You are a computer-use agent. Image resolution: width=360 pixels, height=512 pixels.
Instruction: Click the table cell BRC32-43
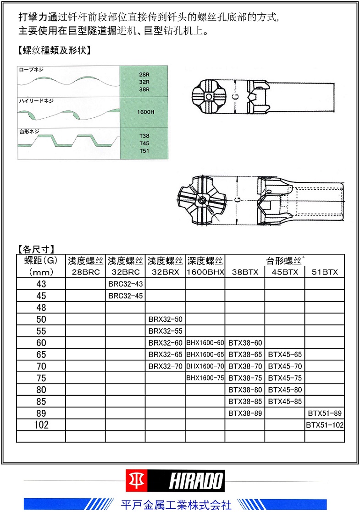point(125,284)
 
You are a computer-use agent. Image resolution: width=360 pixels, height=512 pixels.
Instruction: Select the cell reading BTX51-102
point(325,425)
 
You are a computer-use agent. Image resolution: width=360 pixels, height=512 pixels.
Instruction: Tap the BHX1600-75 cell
point(205,378)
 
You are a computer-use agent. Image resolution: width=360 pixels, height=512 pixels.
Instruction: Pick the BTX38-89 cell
point(245,413)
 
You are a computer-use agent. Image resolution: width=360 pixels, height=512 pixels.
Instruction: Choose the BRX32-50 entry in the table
point(165,319)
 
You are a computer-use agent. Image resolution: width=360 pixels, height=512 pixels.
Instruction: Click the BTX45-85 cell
point(285,402)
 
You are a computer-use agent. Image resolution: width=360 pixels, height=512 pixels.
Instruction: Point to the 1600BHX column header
point(205,272)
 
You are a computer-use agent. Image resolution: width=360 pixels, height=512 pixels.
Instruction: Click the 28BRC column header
point(85,272)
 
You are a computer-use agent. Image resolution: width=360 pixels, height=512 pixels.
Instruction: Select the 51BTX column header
point(324,272)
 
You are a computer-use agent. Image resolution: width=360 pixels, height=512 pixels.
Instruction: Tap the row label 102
point(41,425)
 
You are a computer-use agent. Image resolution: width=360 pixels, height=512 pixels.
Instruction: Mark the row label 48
point(41,308)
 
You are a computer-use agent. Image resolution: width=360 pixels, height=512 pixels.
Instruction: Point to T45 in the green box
point(144,143)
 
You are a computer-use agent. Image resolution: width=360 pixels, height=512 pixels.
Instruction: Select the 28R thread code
point(144,74)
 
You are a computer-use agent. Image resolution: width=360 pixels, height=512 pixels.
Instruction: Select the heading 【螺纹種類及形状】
point(53,50)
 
